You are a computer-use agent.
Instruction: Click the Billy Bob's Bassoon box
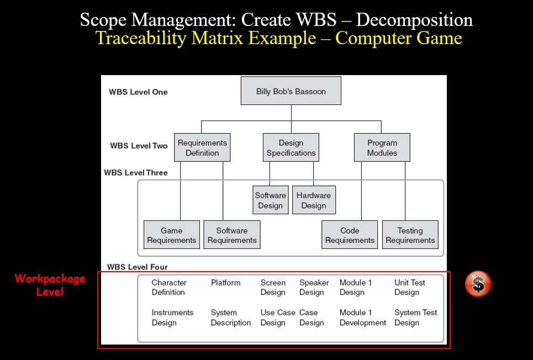[291, 91]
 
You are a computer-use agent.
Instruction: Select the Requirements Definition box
[202, 147]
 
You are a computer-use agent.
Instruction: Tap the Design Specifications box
[291, 147]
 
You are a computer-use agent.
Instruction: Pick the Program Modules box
[382, 147]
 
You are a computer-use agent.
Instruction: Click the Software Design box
[271, 200]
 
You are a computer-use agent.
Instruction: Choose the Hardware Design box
[314, 200]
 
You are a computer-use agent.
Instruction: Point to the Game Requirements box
[172, 235]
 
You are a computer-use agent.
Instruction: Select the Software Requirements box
[232, 235]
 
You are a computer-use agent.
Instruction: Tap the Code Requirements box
[350, 235]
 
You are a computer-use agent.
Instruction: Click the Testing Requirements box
[410, 235]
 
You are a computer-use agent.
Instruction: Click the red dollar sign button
[478, 284]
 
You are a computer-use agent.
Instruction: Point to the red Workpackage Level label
[50, 285]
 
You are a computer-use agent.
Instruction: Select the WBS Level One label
[138, 92]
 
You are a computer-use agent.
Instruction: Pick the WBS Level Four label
[138, 267]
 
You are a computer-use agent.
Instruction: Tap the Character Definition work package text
[169, 287]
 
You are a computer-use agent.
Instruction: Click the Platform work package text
[225, 283]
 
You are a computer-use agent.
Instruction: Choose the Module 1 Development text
[363, 317]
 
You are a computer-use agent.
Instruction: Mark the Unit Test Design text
[410, 287]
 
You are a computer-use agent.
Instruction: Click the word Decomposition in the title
[414, 20]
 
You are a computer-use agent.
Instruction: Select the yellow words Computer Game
[399, 38]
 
